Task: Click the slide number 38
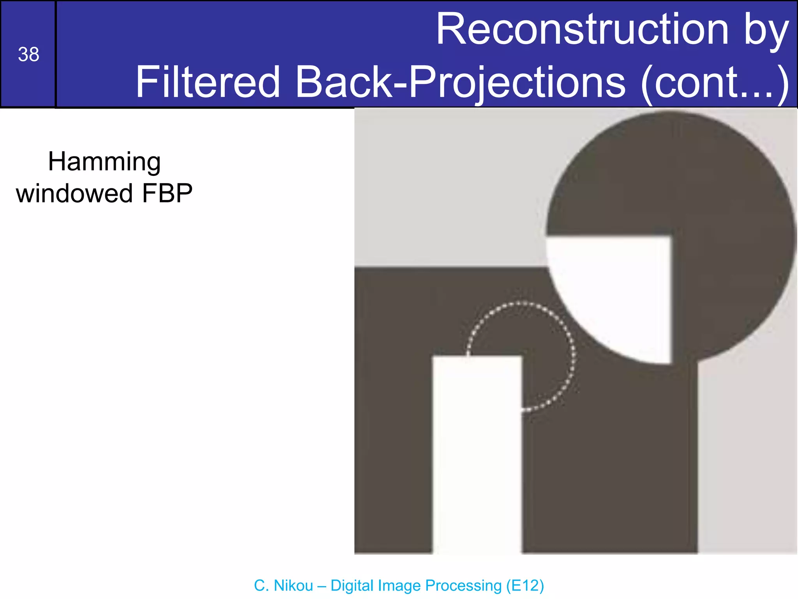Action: click(28, 55)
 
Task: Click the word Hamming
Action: click(104, 162)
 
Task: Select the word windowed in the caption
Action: click(74, 193)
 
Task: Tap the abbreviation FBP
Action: click(167, 193)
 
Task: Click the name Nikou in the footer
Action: click(293, 585)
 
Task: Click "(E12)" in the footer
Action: click(524, 585)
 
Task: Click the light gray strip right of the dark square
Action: click(746, 460)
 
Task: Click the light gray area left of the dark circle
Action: click(448, 187)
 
